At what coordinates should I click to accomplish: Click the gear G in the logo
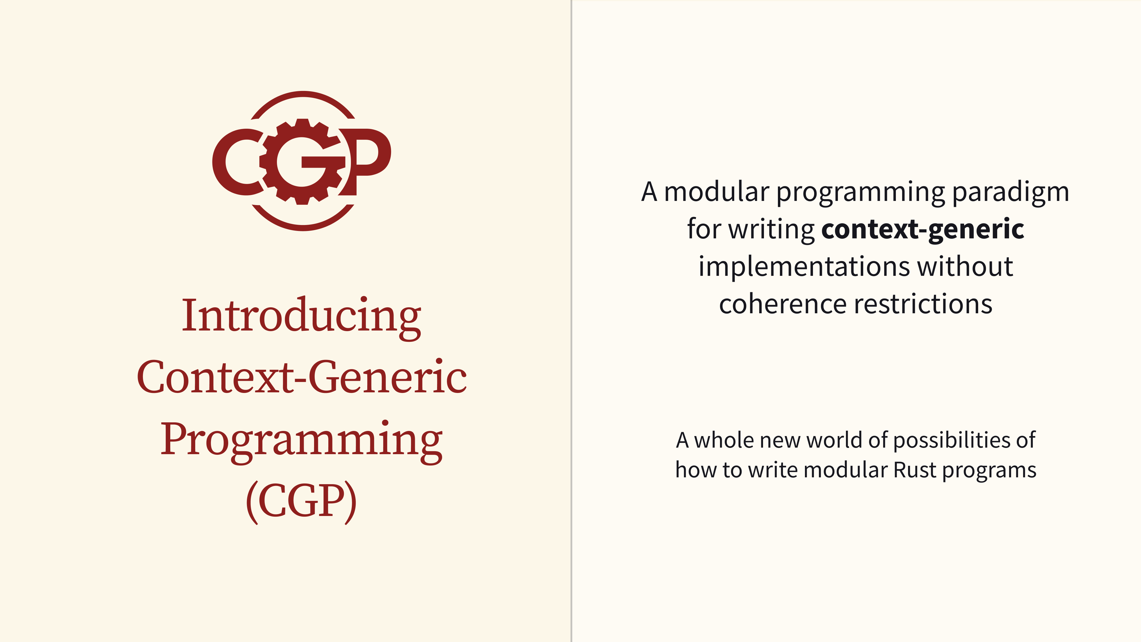302,162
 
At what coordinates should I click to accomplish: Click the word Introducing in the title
302,317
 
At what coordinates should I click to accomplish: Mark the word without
965,266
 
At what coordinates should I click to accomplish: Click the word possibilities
951,441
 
